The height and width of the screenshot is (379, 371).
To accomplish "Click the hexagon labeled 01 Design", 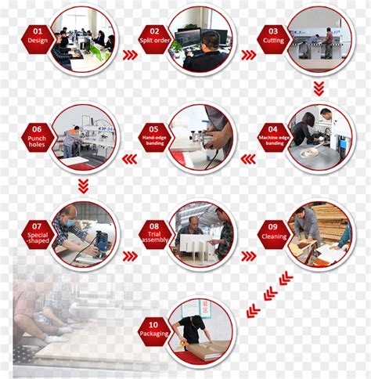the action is click(38, 39).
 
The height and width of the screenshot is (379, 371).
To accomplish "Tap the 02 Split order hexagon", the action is click(155, 39).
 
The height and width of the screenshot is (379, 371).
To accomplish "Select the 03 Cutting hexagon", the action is click(273, 39).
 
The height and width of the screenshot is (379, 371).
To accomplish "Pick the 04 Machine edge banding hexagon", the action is click(274, 137).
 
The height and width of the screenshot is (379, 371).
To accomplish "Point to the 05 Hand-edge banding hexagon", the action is click(155, 137).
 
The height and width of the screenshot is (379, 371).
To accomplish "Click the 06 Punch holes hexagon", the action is click(38, 137).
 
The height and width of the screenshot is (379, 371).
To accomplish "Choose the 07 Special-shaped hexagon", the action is click(38, 234).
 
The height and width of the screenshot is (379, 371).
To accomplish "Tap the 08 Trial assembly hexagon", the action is click(155, 234).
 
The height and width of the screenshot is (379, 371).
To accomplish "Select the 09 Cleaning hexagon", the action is click(274, 234).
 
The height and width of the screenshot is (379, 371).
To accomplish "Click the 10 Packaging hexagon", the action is click(154, 331).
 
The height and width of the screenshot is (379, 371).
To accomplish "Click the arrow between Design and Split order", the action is click(130, 55).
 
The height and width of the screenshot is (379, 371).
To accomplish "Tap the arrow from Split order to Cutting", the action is click(249, 55).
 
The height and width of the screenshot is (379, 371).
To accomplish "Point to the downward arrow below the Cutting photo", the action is click(319, 88).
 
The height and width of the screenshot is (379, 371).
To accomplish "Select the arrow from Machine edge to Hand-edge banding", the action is click(248, 159).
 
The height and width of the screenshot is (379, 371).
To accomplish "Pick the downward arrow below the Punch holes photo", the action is click(83, 186).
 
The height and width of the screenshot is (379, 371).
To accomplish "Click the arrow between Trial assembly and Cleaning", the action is click(249, 256).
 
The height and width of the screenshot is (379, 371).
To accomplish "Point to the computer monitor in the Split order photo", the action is click(188, 38).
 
